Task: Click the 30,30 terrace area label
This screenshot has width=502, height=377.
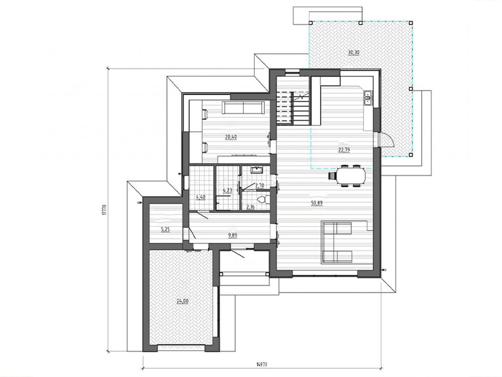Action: [x=354, y=53]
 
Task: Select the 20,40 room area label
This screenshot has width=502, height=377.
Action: [x=231, y=137]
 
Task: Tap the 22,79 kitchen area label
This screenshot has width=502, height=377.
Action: [x=344, y=150]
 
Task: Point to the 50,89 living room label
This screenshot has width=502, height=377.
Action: [x=317, y=203]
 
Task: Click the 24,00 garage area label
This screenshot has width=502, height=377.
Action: [x=182, y=301]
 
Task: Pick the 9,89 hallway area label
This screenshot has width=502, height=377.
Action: [x=233, y=235]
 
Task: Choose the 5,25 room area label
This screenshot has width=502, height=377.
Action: [x=165, y=229]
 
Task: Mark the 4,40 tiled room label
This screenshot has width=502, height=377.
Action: [x=201, y=197]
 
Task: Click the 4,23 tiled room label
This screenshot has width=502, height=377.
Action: [x=227, y=190]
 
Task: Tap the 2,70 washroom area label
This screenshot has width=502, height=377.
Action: [x=260, y=185]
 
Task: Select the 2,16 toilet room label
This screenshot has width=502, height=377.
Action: [x=250, y=207]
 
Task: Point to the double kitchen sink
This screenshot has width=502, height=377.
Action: [x=368, y=98]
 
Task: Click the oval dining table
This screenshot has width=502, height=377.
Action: [x=351, y=176]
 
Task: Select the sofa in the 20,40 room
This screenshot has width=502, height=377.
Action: [x=243, y=107]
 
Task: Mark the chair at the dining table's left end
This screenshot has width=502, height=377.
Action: [x=332, y=176]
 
